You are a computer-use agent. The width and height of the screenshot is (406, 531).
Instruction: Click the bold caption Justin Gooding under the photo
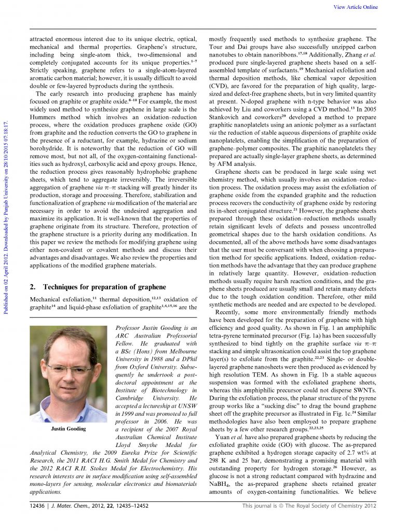coord(68,429)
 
